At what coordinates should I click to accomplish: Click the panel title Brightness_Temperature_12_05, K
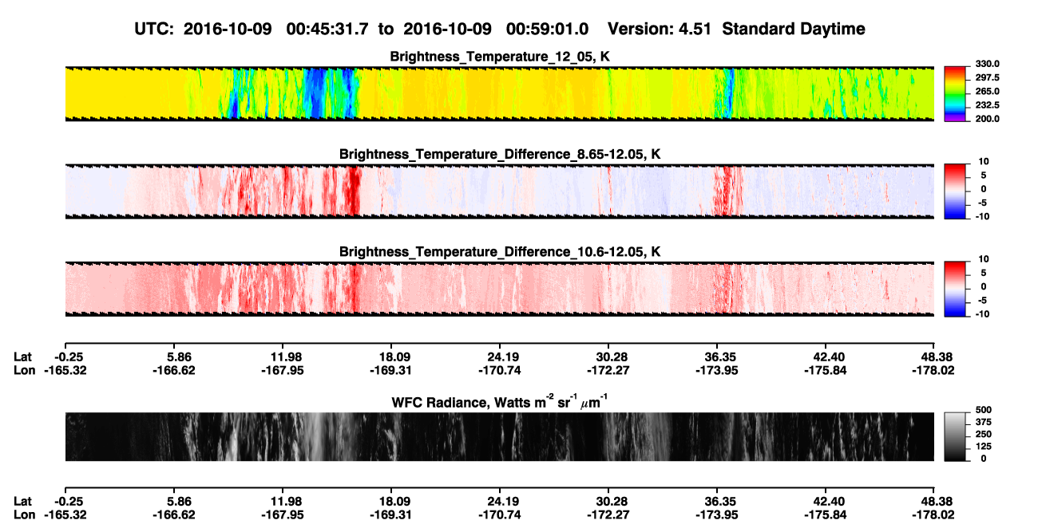tap(500, 57)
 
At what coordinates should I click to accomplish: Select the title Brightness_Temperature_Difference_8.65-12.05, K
tap(500, 154)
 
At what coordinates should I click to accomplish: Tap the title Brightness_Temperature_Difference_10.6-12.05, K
tap(500, 252)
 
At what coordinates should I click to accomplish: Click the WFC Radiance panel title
tap(500, 401)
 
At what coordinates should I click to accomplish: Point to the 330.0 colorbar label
tap(987, 64)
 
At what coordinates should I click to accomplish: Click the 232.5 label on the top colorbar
tap(987, 105)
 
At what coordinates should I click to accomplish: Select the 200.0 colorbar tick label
tap(987, 119)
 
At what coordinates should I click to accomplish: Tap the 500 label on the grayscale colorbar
tap(984, 410)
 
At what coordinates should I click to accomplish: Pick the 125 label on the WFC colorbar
tap(984, 447)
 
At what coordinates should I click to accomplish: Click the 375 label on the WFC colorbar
tap(984, 422)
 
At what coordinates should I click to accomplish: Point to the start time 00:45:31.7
tap(327, 29)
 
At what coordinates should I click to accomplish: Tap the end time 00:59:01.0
tap(547, 29)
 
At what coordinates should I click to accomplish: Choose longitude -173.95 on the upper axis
tap(716, 370)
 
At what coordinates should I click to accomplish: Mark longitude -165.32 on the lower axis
tap(65, 515)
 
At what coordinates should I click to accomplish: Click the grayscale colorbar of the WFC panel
tap(955, 436)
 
